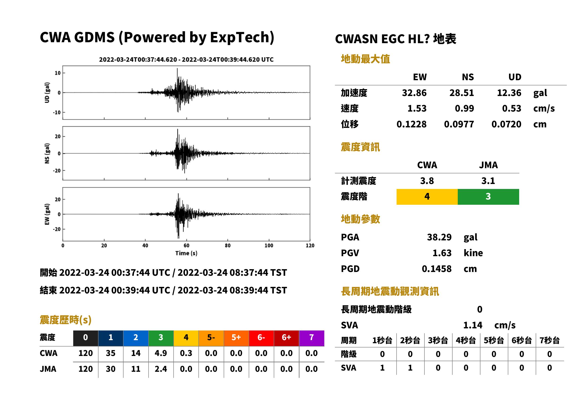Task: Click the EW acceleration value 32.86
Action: [x=414, y=93]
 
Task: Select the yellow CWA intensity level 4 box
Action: [x=427, y=197]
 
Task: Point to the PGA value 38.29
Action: [x=439, y=237]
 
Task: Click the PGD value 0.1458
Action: [x=436, y=269]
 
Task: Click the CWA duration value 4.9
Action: [x=161, y=353]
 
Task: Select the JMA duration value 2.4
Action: [x=161, y=369]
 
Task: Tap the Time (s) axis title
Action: [x=186, y=253]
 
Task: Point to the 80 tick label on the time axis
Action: [x=227, y=246]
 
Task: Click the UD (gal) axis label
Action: [x=47, y=93]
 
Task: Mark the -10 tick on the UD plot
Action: [x=57, y=113]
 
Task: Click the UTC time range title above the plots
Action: [x=186, y=60]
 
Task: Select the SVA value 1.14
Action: [x=473, y=325]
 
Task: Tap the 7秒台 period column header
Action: [x=550, y=341]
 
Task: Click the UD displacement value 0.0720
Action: [x=506, y=124]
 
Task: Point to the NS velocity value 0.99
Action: [x=464, y=109]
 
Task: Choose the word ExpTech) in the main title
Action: [x=242, y=38]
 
